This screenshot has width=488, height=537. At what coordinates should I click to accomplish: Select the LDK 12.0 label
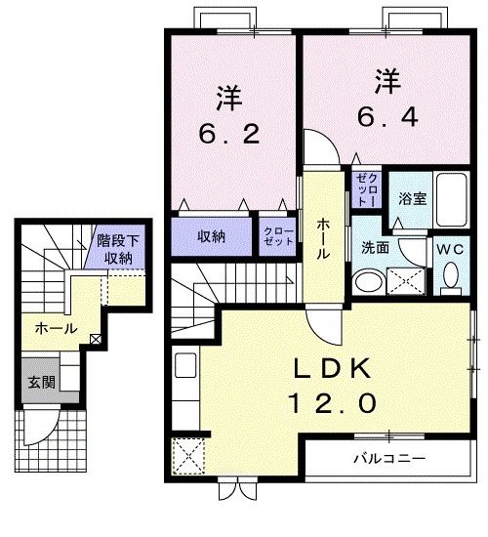331,384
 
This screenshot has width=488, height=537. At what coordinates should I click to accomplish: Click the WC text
451,249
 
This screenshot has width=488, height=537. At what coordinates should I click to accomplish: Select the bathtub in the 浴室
453,199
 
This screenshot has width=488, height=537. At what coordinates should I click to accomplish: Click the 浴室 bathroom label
411,198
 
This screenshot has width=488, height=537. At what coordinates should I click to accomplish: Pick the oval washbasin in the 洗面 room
367,282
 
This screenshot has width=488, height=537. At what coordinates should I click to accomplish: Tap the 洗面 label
376,248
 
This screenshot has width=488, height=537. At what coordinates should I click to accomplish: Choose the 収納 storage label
213,235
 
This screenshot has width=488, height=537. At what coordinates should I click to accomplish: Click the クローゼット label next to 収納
276,235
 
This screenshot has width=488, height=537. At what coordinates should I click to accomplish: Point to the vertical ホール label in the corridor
321,237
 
